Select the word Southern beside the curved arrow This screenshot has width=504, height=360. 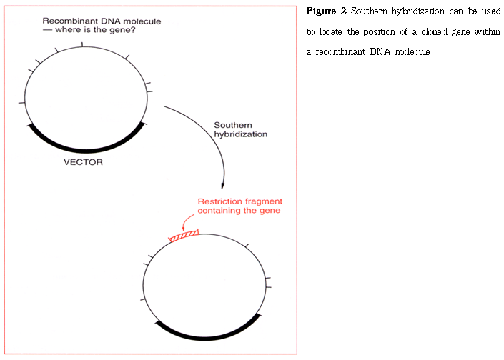tap(232, 125)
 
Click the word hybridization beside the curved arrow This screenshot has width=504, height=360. tap(241, 134)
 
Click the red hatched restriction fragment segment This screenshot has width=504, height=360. tap(183, 234)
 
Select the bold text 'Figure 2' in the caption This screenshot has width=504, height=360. tap(327, 12)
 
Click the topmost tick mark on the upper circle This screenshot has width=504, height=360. tap(84, 45)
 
